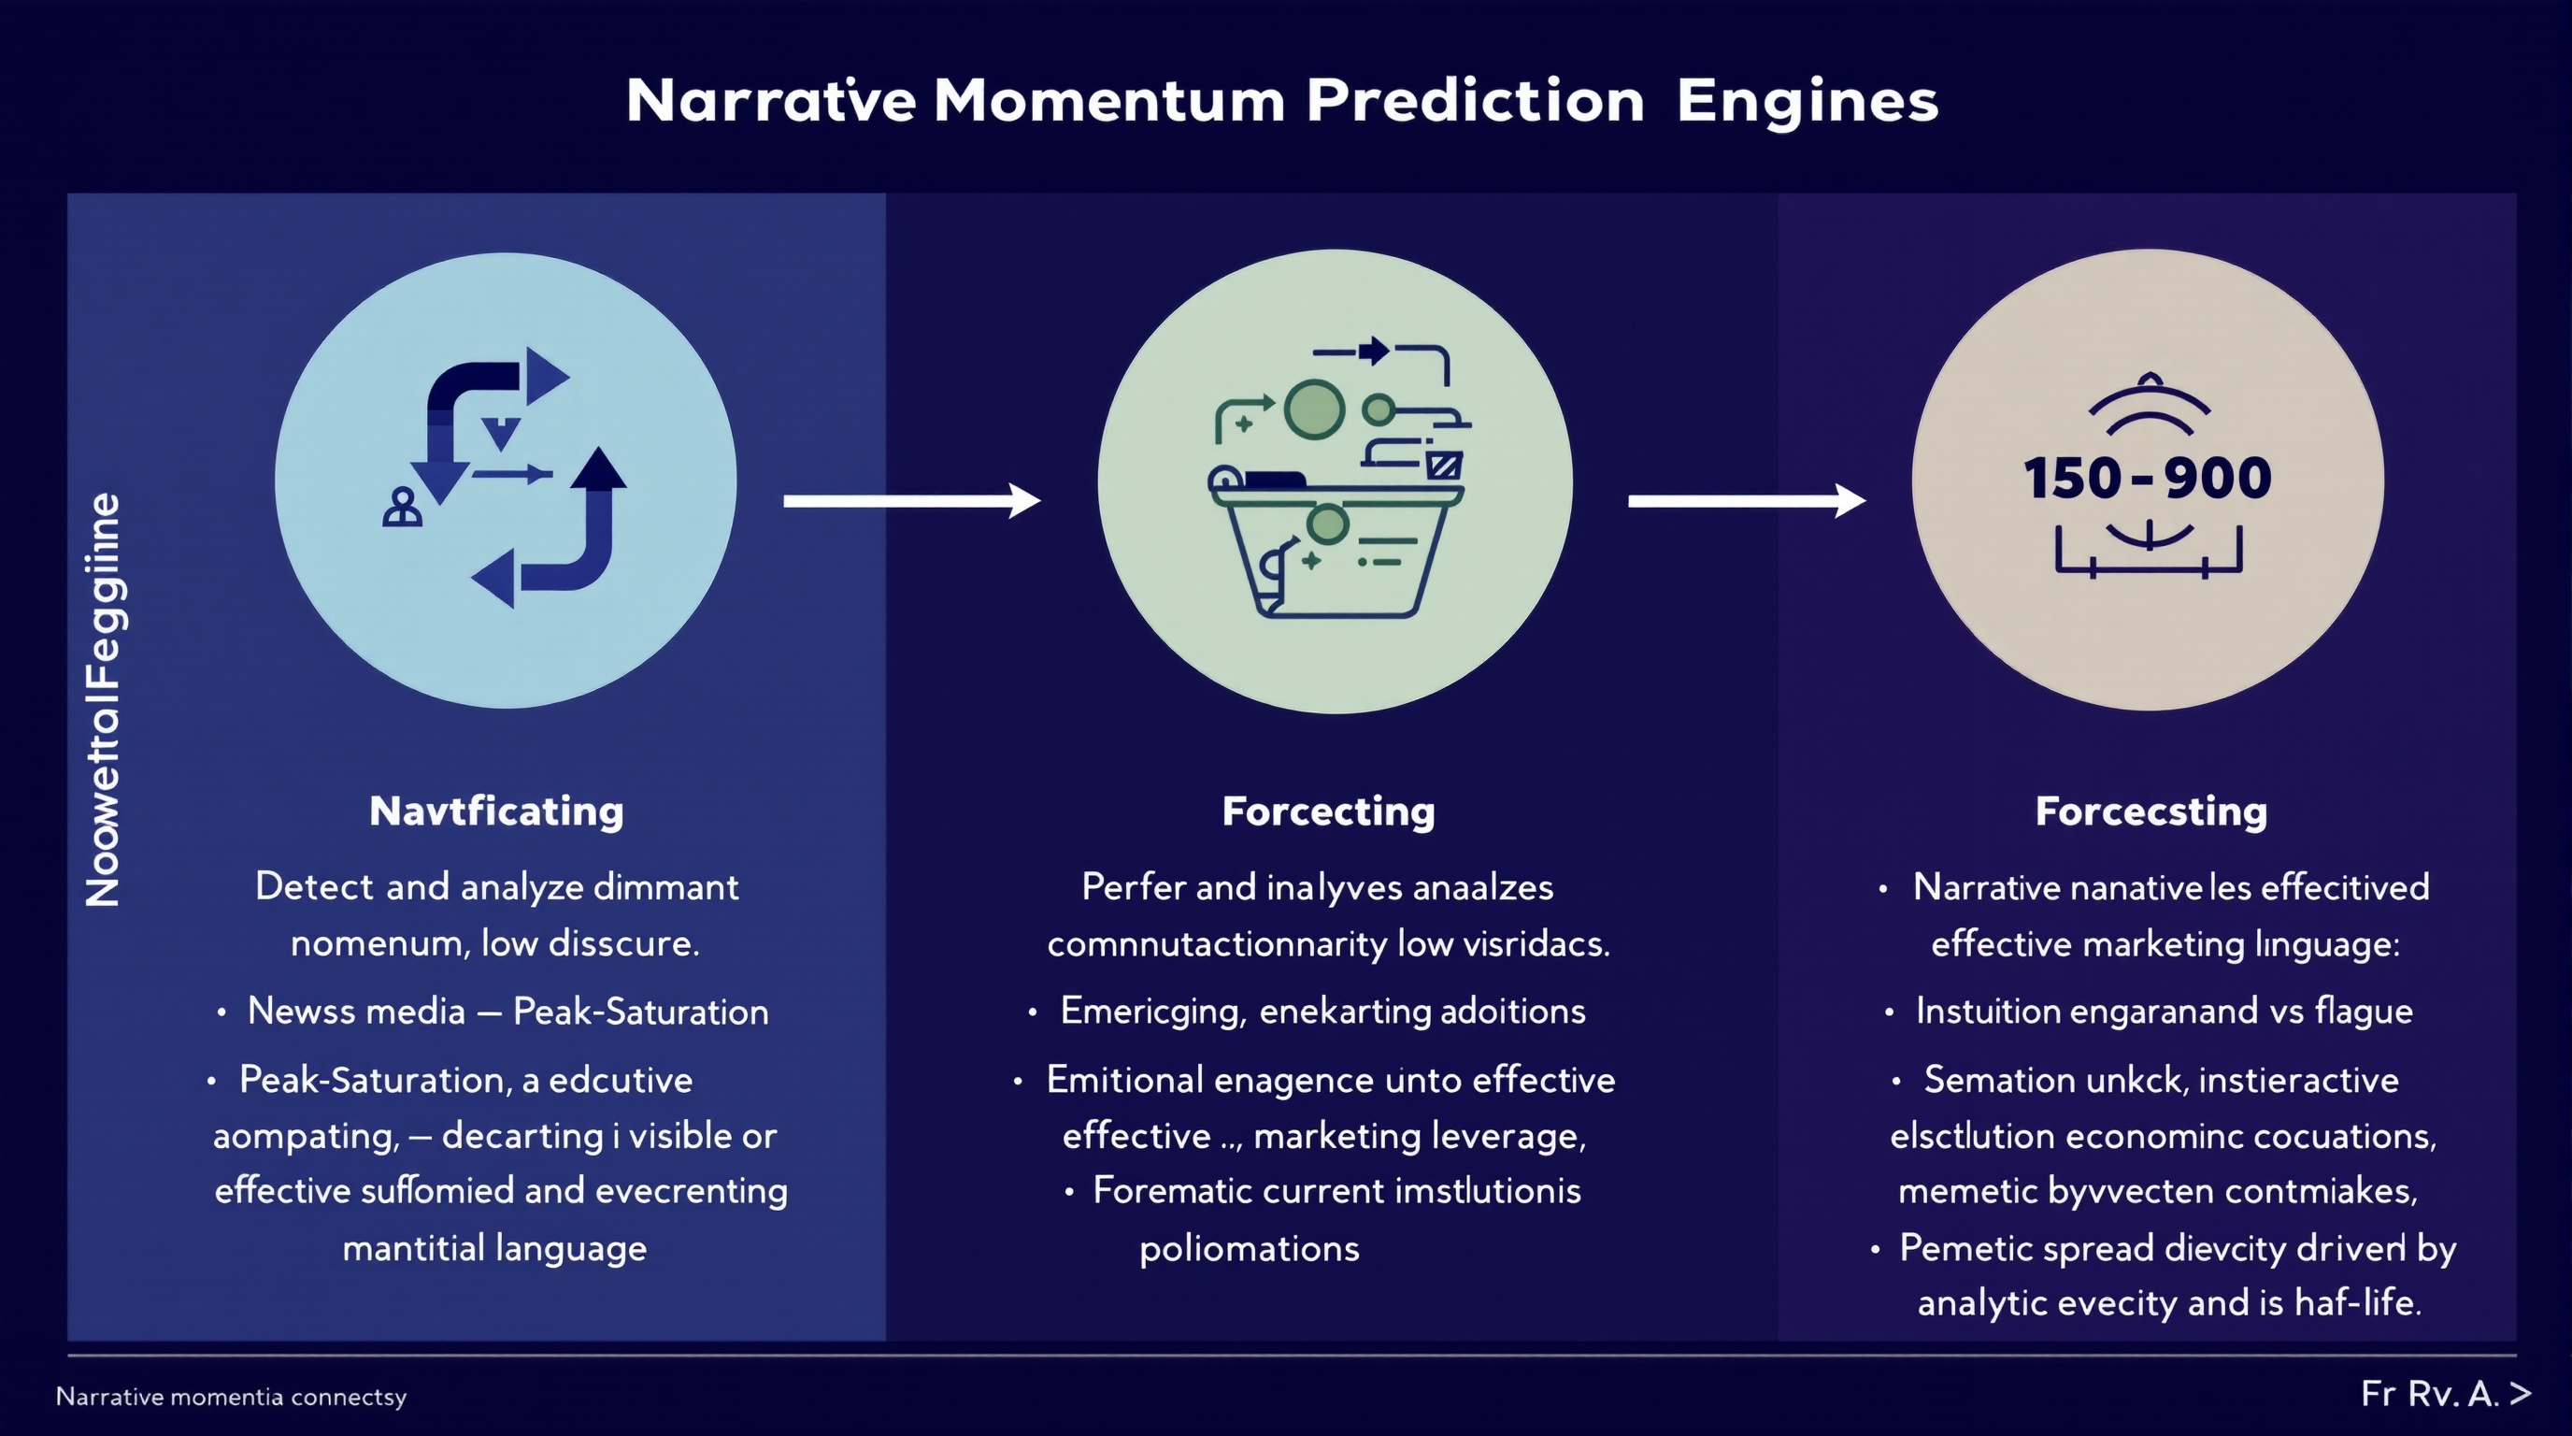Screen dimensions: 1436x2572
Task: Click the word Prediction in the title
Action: tap(1475, 102)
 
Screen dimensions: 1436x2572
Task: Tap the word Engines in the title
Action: tap(1808, 102)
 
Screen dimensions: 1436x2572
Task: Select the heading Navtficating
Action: tap(496, 811)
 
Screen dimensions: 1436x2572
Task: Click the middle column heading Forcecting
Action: tap(1328, 811)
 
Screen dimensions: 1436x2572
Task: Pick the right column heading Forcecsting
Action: tap(2150, 811)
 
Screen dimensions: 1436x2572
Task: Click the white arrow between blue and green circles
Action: tap(910, 500)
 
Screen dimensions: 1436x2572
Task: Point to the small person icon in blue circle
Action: tap(403, 508)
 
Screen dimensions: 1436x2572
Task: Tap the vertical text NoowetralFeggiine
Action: tap(104, 699)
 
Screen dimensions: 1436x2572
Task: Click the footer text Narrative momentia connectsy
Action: tap(231, 1396)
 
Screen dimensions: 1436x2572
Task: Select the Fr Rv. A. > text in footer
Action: tap(2444, 1394)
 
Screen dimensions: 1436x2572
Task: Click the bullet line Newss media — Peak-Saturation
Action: tap(507, 1012)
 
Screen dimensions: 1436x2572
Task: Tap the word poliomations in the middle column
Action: tap(1249, 1248)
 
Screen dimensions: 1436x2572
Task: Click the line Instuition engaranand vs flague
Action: tap(2163, 1011)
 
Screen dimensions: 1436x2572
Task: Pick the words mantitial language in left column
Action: tap(494, 1248)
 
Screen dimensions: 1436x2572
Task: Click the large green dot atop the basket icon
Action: tap(1314, 409)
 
